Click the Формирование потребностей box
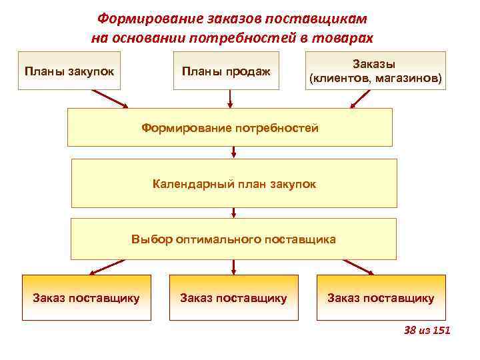point(229,127)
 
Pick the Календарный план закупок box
point(233,183)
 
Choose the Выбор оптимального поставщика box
point(233,239)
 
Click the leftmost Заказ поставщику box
point(87,297)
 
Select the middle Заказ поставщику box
point(233,297)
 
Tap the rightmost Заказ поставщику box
point(381,297)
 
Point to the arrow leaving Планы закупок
point(113,99)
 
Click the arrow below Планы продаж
point(231,99)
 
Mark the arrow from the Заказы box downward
point(361,99)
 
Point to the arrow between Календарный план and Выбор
point(233,213)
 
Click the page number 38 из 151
point(427,330)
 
